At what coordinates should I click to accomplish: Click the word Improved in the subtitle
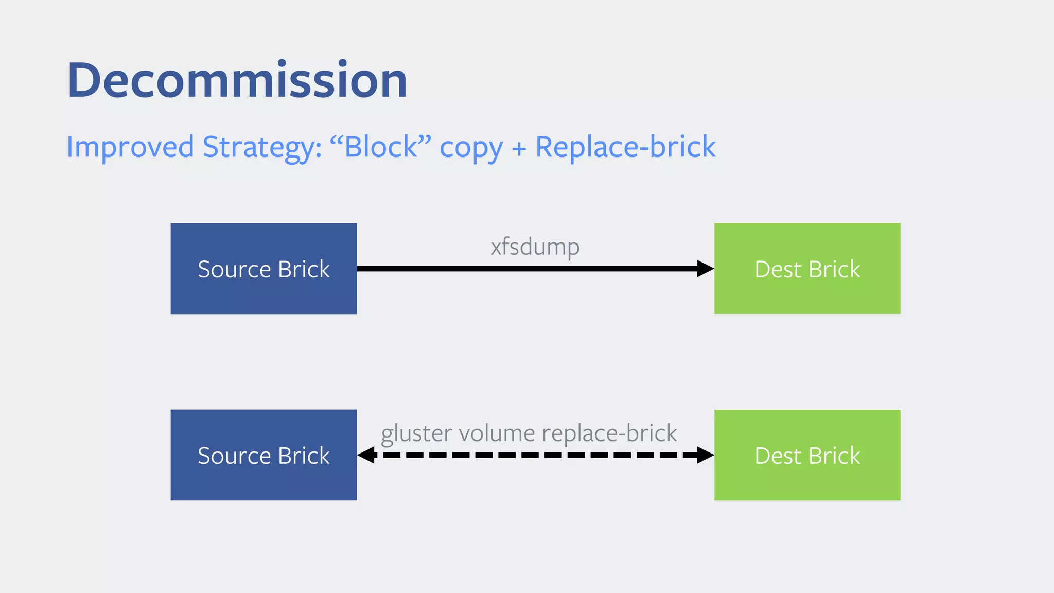130,147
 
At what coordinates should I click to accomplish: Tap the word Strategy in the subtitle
261,147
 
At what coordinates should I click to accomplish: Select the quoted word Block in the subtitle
381,147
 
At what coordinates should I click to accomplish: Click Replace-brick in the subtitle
625,147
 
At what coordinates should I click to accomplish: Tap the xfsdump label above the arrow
535,247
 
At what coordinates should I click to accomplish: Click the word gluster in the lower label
416,433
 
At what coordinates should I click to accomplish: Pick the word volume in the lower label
497,433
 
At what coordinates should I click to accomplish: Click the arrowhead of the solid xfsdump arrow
705,269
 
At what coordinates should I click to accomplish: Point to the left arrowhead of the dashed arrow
366,455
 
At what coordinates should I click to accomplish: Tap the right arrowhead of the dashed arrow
705,455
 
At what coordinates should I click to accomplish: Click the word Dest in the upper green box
778,270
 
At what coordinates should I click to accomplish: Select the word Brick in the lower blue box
304,456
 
